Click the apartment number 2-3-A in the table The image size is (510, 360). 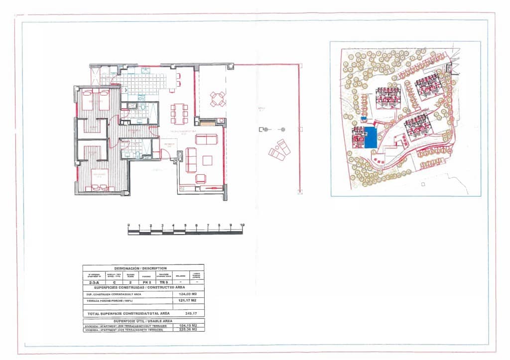(93, 282)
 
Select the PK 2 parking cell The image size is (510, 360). (146, 282)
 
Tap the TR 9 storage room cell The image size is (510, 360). (163, 282)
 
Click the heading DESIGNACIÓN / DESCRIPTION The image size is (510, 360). (143, 268)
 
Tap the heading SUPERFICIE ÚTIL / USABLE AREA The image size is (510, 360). (143, 321)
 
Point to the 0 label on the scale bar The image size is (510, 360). (128, 225)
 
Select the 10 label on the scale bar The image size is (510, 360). (242, 225)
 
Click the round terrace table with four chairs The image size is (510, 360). (218, 99)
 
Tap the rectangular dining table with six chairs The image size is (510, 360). (179, 114)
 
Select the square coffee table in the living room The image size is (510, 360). (207, 160)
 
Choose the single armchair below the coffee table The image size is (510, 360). (201, 178)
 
